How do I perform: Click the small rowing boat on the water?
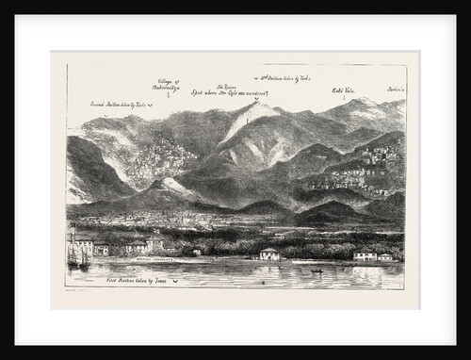coord(317,270)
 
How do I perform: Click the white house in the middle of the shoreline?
coord(270,254)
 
